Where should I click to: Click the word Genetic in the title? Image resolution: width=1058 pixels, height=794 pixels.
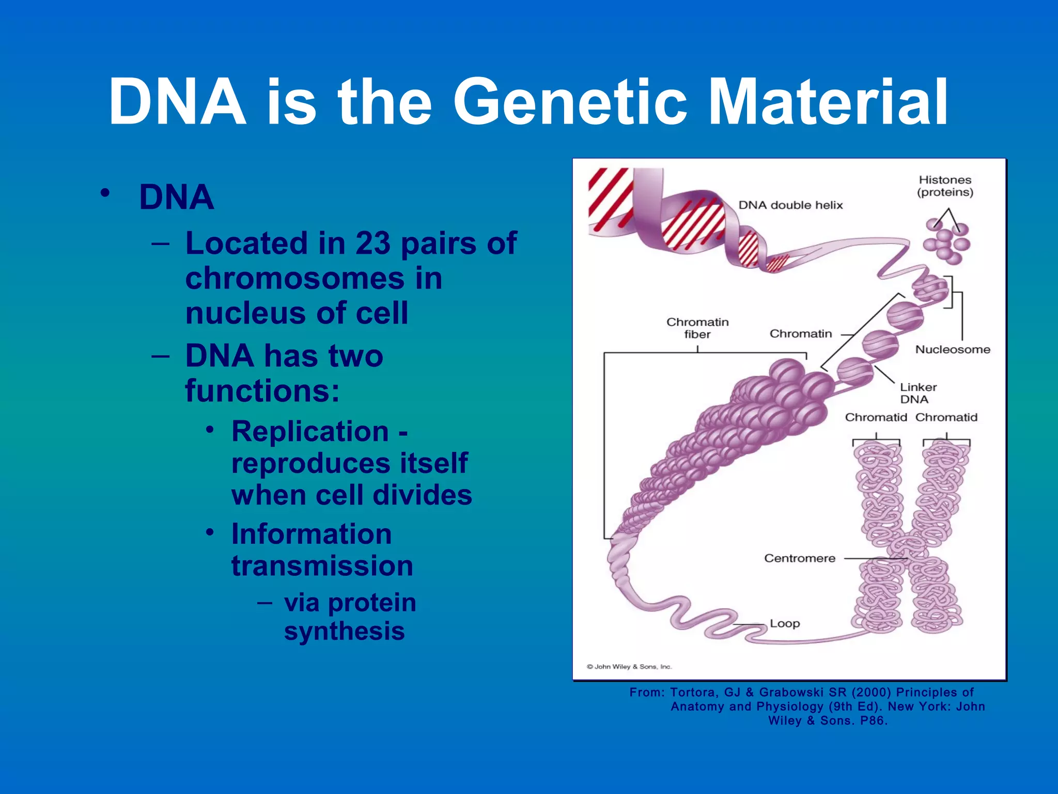tap(570, 102)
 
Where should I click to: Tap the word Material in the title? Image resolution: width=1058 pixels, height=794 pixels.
tap(828, 102)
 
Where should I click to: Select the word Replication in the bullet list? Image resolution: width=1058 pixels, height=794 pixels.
tap(310, 432)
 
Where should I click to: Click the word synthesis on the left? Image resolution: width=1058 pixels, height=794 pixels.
tap(344, 631)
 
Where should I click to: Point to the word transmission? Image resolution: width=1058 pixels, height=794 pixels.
tap(322, 566)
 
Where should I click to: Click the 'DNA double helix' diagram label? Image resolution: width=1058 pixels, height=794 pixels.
tap(790, 205)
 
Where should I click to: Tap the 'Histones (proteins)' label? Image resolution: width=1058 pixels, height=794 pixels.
tap(945, 186)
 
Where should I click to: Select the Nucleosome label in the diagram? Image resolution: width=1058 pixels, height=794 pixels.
tap(952, 349)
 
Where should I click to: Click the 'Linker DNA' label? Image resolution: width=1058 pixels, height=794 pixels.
tap(917, 393)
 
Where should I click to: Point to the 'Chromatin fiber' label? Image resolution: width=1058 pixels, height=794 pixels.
tap(697, 328)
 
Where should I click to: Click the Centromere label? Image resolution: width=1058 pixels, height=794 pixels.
tap(799, 558)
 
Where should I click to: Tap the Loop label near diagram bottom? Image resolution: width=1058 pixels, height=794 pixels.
tap(784, 623)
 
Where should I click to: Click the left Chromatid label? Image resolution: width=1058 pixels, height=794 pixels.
tap(876, 417)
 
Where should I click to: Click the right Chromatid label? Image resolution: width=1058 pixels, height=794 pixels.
tap(946, 417)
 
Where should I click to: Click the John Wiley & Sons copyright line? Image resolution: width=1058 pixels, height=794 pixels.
tap(629, 667)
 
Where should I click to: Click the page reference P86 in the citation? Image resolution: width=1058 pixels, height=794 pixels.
tap(873, 721)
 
